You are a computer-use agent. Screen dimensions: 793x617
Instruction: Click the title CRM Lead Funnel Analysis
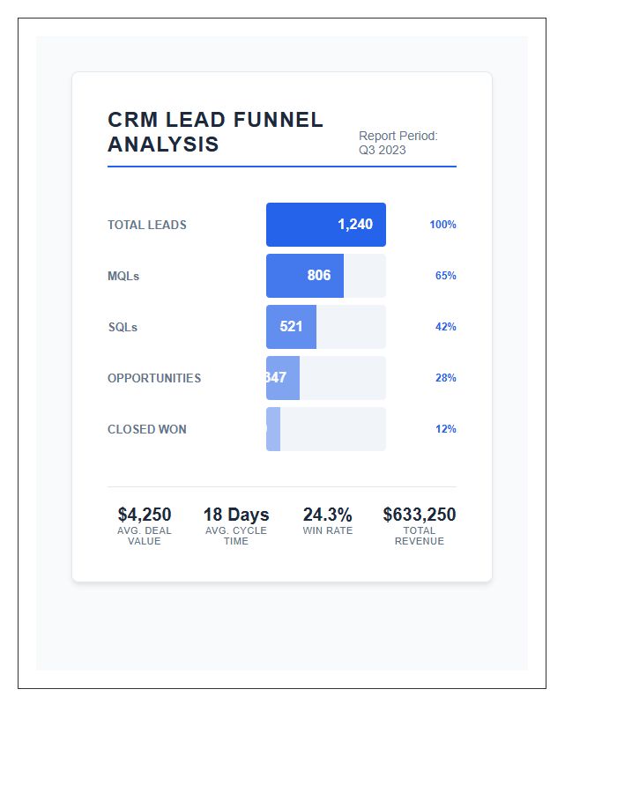(215, 132)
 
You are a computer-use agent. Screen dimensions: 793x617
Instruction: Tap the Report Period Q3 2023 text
(398, 143)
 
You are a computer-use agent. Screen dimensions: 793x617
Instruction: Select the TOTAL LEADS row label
(147, 225)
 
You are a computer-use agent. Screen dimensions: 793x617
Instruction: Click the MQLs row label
(123, 276)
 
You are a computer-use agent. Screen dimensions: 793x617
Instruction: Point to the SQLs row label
(123, 327)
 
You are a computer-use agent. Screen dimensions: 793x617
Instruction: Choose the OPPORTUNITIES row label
(154, 378)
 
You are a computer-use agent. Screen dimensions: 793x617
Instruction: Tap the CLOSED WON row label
(147, 429)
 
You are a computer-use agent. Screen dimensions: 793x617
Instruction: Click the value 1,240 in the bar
(355, 225)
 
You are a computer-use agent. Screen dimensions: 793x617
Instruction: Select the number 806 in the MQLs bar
(319, 276)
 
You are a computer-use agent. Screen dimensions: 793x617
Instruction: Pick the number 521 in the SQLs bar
(291, 327)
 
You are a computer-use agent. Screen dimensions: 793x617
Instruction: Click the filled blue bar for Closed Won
(273, 429)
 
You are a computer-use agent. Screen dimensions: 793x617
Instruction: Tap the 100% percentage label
(442, 225)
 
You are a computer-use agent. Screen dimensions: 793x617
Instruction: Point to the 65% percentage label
(445, 276)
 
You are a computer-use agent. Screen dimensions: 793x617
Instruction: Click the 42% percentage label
(445, 327)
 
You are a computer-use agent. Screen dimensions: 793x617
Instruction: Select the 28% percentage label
(445, 378)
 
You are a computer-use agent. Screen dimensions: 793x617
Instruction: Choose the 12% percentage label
(445, 429)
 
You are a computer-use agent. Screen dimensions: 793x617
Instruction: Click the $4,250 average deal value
(145, 515)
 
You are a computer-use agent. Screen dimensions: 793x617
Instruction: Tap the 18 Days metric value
(236, 515)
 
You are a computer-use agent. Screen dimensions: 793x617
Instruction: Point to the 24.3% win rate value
(327, 515)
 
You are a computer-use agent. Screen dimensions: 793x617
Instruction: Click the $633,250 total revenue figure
(420, 515)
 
